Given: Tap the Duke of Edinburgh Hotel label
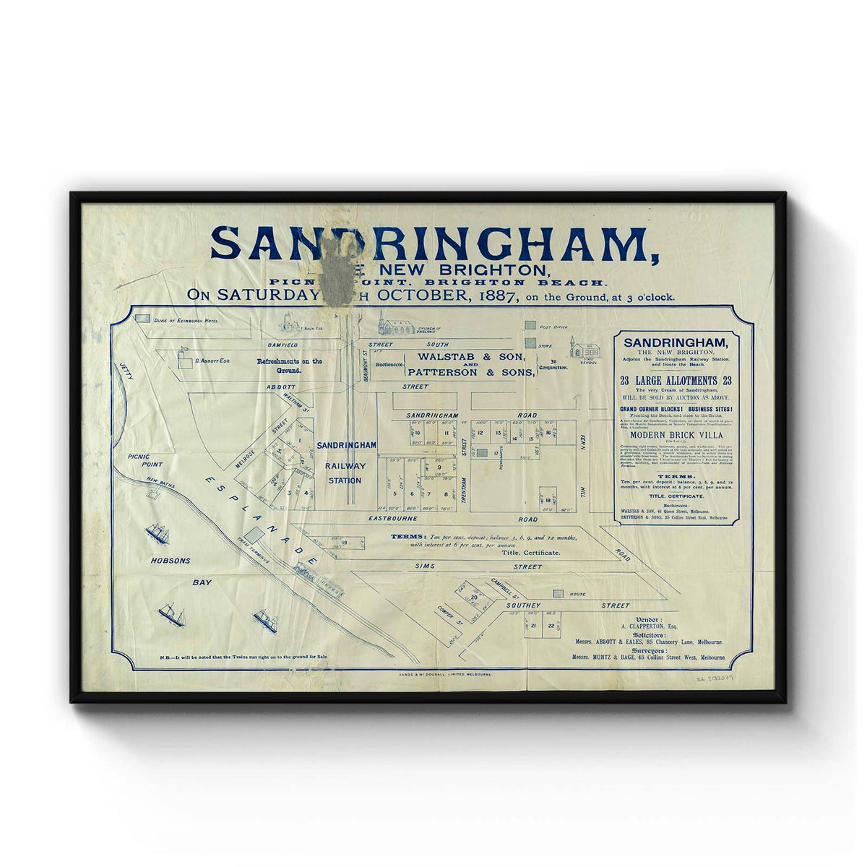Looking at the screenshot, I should pos(185,319).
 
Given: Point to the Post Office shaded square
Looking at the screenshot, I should pos(531,327).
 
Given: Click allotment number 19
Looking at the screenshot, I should pos(345,543).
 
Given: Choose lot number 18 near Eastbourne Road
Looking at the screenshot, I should pos(548,500).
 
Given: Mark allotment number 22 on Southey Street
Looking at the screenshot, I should pos(551,626).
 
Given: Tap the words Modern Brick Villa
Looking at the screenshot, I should pos(673,435).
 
